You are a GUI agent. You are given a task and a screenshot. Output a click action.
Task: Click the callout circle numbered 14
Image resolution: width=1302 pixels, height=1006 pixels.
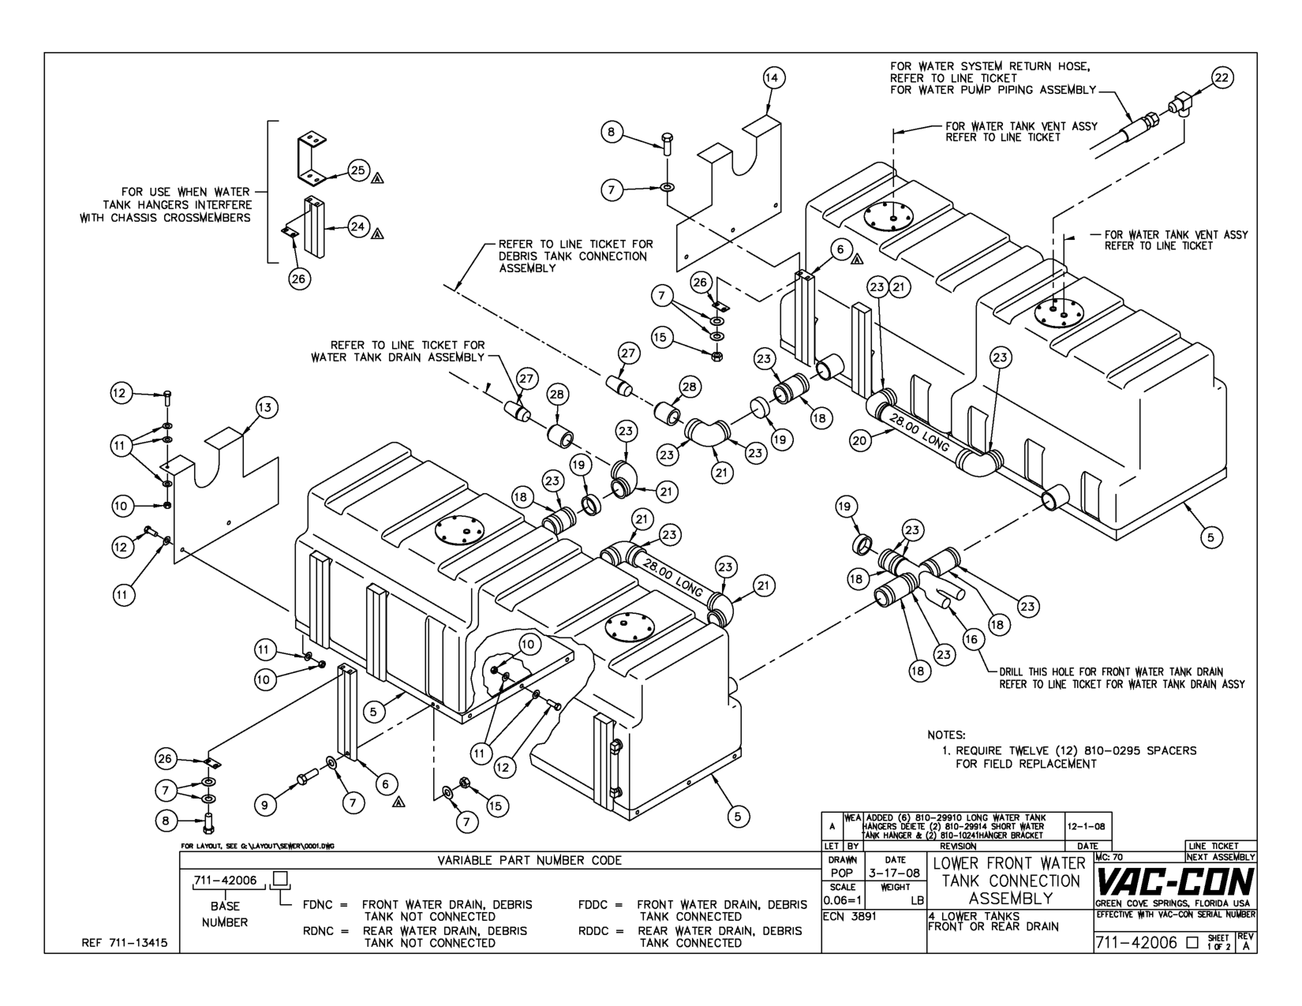(774, 78)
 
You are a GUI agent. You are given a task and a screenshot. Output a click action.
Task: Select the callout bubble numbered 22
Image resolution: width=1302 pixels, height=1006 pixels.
(1222, 78)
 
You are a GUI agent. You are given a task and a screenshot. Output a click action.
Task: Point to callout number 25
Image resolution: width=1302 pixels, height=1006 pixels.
(357, 170)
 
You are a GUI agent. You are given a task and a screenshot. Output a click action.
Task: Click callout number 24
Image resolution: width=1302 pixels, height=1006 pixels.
(357, 227)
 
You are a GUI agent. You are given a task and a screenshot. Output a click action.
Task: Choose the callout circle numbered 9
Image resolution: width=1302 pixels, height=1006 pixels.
(265, 806)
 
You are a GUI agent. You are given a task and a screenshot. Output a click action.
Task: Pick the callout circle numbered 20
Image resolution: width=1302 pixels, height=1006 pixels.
(860, 441)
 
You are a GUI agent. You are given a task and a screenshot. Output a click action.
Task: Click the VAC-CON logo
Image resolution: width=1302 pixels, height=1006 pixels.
(1174, 882)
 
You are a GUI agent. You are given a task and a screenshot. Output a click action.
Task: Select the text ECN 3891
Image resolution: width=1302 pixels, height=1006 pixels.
(850, 917)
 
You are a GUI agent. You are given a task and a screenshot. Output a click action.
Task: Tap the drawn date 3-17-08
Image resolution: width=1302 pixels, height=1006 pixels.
(895, 873)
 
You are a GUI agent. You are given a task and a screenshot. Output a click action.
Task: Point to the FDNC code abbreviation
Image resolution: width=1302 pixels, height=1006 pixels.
(317, 905)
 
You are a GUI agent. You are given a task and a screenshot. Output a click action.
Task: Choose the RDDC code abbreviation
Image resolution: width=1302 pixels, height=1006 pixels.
(593, 931)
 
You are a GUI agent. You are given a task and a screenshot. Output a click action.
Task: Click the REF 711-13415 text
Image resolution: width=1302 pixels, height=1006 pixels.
(125, 944)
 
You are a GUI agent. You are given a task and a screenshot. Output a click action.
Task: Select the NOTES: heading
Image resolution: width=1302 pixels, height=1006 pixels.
(946, 735)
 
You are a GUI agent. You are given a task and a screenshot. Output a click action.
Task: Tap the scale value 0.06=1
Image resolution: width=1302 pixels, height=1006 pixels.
(843, 900)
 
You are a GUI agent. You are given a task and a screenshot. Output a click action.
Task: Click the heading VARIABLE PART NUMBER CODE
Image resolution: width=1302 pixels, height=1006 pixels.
(529, 860)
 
